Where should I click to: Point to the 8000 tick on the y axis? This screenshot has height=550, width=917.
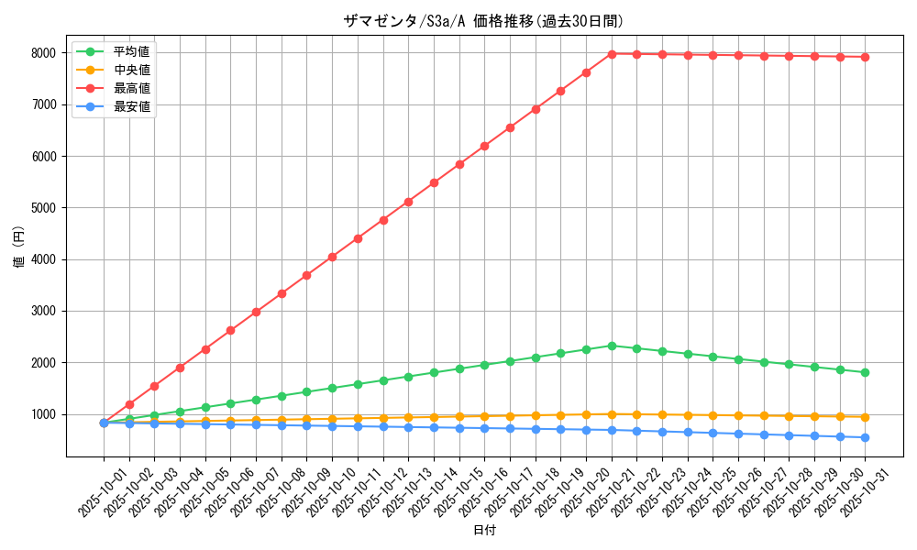click(x=44, y=53)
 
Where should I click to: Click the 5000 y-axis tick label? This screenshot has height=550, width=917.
click(x=44, y=208)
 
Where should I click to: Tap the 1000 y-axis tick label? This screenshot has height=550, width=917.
click(x=44, y=414)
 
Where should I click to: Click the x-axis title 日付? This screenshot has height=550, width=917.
click(x=484, y=531)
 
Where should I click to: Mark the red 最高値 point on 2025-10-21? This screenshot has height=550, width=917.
click(x=612, y=54)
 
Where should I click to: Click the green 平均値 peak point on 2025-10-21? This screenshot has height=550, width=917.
click(x=612, y=346)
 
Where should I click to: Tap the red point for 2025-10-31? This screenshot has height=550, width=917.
click(x=865, y=57)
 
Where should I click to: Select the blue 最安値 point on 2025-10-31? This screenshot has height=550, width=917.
click(x=865, y=437)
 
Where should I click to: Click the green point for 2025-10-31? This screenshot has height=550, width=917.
click(x=865, y=372)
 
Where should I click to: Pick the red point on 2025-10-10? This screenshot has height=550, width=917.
click(x=332, y=257)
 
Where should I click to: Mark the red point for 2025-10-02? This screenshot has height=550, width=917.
click(x=129, y=404)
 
